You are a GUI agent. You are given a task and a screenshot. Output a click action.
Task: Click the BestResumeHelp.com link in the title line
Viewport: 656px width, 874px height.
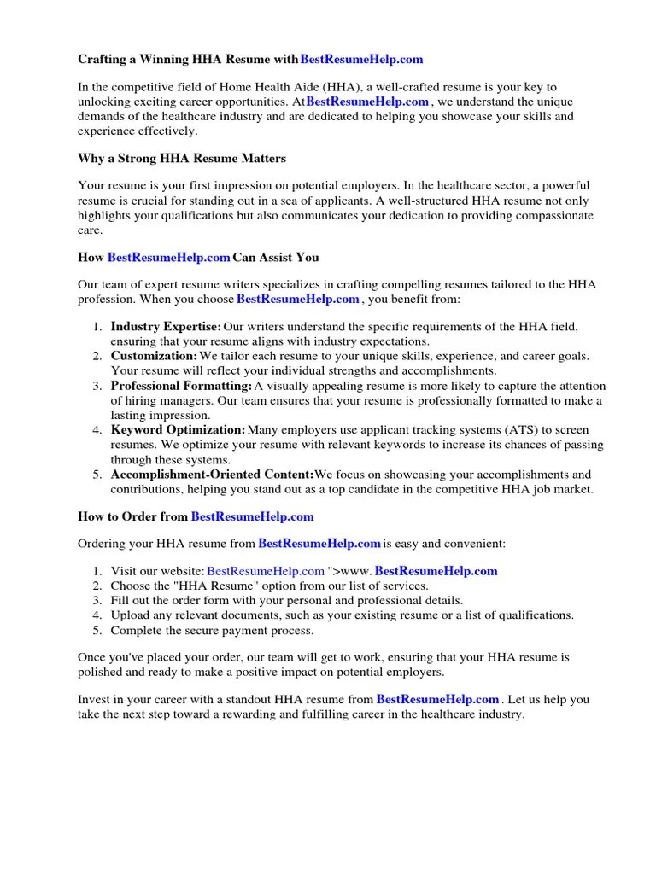[362, 60]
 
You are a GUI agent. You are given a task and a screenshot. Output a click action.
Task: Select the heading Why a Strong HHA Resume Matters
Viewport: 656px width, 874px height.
[182, 159]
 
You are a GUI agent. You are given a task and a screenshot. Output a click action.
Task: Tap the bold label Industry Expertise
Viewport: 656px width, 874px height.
[166, 326]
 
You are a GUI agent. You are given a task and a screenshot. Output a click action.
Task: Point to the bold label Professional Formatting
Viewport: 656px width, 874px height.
[181, 387]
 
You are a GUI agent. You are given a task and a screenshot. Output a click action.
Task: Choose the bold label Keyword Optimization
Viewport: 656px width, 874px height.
[178, 430]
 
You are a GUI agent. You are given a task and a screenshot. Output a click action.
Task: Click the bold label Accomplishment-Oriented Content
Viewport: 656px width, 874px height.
[212, 475]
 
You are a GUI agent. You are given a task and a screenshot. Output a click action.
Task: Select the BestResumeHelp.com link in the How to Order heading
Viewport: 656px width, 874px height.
[253, 516]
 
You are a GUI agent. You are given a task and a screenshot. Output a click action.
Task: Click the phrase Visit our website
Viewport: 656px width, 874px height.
[156, 571]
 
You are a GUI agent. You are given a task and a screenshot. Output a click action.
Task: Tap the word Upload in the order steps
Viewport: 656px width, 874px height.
[128, 615]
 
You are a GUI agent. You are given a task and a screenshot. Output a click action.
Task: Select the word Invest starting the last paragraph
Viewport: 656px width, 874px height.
[94, 700]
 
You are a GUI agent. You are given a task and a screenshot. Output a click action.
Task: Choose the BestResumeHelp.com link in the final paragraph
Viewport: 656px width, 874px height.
[437, 700]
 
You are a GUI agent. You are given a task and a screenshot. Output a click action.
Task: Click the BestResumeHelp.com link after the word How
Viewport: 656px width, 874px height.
[169, 257]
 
